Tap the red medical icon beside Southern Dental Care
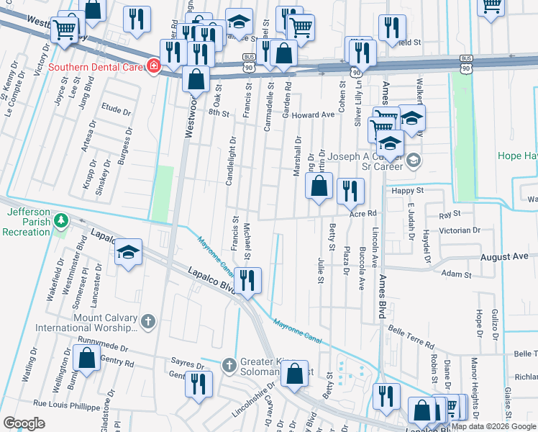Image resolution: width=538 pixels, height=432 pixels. coord(153,67)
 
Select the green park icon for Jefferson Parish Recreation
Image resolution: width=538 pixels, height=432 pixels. coord(63,219)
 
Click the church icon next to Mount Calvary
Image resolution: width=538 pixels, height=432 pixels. coord(148,321)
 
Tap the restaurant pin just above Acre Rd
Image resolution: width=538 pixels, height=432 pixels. coord(350,191)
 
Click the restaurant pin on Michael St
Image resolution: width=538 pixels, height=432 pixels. coord(247,280)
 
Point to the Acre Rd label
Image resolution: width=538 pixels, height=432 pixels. coord(363,214)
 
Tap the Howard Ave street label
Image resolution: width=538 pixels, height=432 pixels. coord(314,114)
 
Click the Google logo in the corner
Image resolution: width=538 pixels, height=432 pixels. coord(25,423)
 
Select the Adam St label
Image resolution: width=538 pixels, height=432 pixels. coord(455,274)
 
